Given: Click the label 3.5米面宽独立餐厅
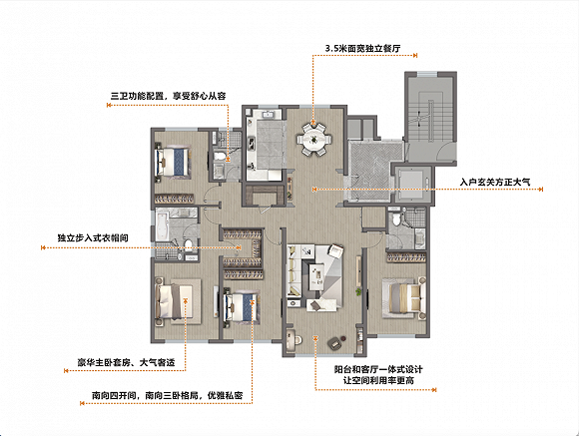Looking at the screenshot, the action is (362, 48).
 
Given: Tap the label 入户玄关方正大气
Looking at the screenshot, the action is (495, 182).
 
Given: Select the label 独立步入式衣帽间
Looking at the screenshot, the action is (93, 237).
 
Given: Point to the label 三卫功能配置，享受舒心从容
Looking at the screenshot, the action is (169, 97).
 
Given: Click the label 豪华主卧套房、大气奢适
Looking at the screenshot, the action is (126, 362).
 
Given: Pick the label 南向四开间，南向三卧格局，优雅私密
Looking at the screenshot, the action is (168, 396).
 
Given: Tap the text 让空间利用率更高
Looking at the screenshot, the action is (378, 380).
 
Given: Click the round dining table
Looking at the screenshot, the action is (314, 140).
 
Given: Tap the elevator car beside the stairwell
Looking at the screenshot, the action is (413, 184).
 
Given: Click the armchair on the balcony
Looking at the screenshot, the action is (334, 343).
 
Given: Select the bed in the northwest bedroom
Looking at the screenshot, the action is (173, 162).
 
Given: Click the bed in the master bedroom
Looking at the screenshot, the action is (174, 302).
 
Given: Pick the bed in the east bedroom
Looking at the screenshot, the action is (405, 298).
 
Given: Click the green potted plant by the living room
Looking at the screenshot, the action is (357, 292).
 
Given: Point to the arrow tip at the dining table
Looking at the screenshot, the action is (313, 121).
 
